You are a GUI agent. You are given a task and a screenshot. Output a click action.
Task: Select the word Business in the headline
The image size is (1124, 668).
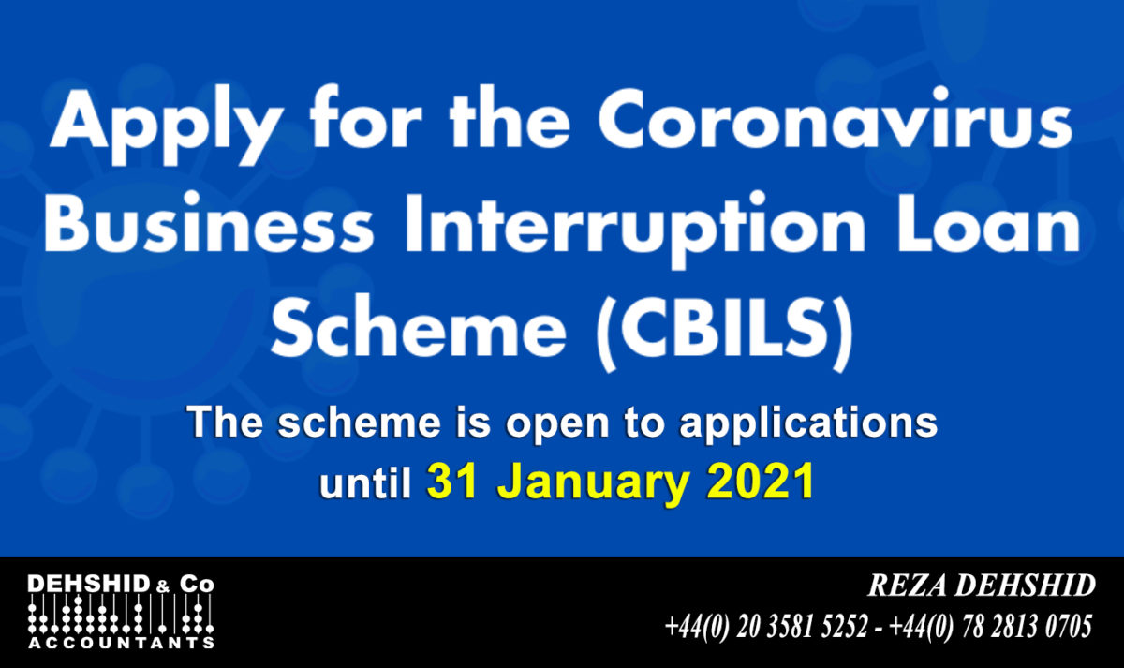point(208,223)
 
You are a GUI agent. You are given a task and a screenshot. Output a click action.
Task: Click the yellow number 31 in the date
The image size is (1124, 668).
point(452,482)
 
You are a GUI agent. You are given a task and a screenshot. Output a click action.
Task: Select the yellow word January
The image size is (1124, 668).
point(592,485)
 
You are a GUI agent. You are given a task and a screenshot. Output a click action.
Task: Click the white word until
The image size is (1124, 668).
point(365,482)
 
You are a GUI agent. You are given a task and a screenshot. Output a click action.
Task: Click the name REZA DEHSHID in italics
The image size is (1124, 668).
point(982,586)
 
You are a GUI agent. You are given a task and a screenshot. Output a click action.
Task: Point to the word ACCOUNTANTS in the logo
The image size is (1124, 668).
point(122,644)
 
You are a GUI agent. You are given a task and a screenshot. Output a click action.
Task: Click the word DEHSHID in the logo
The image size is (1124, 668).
point(89,585)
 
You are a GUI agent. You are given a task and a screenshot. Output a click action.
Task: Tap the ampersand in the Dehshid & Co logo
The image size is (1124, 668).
point(164,586)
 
